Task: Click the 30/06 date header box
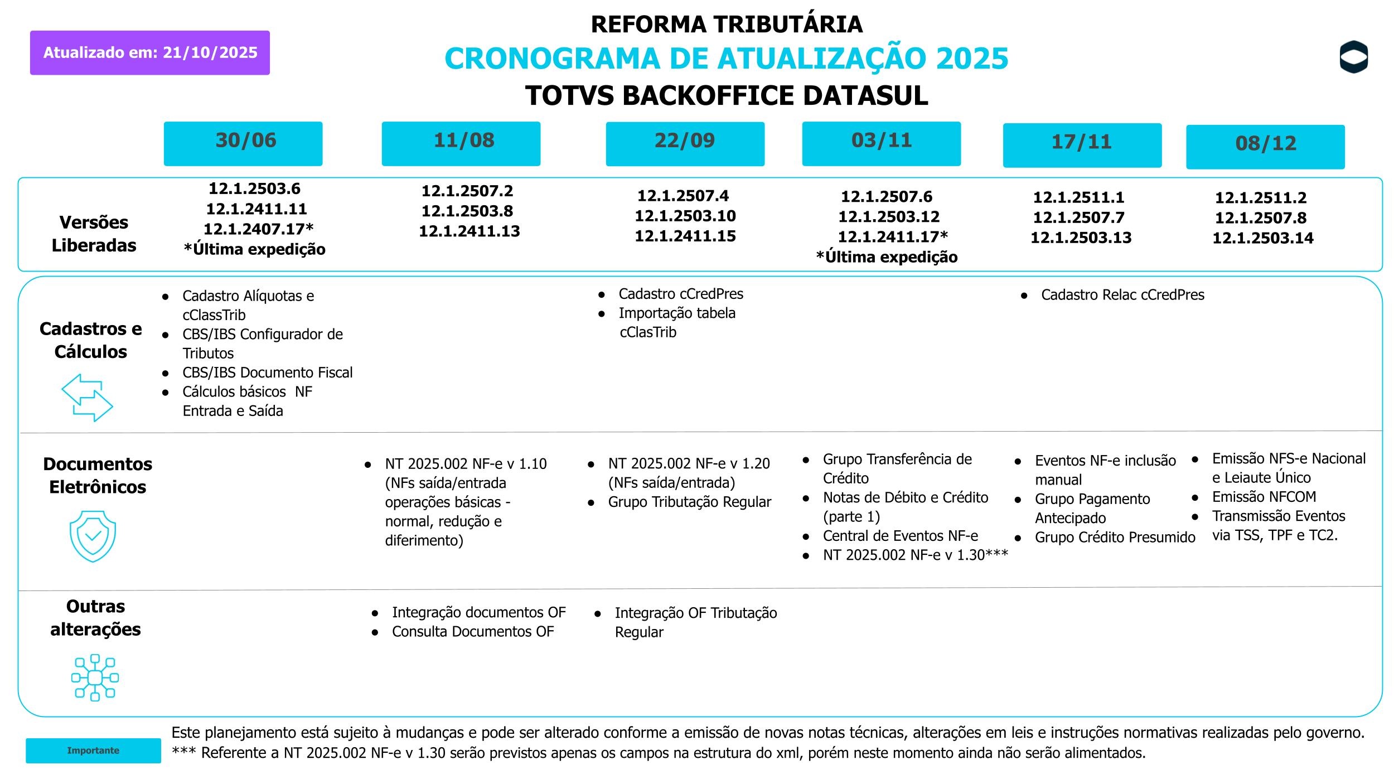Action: [243, 143]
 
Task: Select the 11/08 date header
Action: [461, 143]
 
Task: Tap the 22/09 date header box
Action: [685, 143]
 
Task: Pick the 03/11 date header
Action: [881, 143]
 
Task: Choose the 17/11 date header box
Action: [1082, 145]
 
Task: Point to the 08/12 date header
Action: [1265, 147]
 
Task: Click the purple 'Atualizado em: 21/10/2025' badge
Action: [150, 52]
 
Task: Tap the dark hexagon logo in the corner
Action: [1353, 57]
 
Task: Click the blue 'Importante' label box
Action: [93, 751]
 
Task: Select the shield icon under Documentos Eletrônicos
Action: [93, 536]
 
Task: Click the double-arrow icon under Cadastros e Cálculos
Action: [87, 398]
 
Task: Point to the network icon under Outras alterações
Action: [95, 677]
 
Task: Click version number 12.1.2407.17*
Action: [258, 229]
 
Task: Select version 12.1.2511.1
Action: [1078, 197]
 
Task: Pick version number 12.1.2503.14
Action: [1263, 238]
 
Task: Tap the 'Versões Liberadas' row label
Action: [94, 234]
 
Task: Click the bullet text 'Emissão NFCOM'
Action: [1264, 497]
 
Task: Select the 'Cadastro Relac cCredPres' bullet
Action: [1122, 295]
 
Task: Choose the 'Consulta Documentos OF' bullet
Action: [472, 632]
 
